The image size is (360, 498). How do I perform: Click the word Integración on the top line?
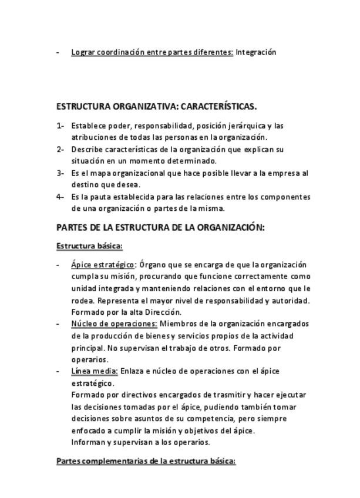pyautogui.click(x=256, y=52)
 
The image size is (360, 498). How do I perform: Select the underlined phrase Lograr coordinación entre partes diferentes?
pyautogui.click(x=152, y=52)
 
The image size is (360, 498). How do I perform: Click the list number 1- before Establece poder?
pyautogui.click(x=60, y=126)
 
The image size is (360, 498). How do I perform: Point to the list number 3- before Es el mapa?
pyautogui.click(x=60, y=173)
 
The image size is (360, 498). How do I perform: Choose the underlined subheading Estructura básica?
pyautogui.click(x=89, y=246)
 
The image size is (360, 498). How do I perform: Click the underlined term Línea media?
pyautogui.click(x=94, y=371)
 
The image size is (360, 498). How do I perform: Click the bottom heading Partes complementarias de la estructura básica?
pyautogui.click(x=146, y=462)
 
